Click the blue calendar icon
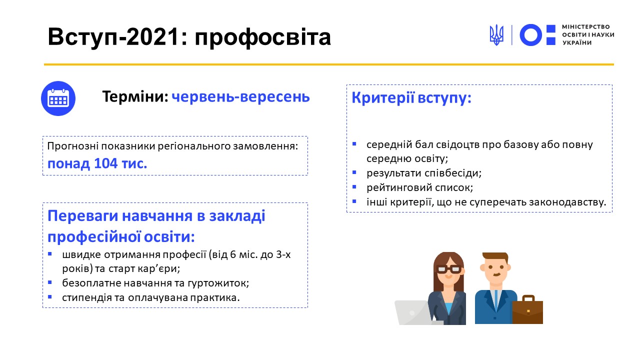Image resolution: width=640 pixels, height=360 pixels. (58, 98)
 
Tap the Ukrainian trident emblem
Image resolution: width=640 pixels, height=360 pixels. (496, 35)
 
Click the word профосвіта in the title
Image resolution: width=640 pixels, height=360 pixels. (262, 37)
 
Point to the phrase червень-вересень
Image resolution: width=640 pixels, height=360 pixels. (240, 96)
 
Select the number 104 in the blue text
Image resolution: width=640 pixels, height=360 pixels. (105, 163)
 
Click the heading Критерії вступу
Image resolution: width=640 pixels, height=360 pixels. (411, 98)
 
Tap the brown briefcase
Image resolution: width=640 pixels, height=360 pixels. (527, 309)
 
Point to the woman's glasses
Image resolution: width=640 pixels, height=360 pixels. (449, 269)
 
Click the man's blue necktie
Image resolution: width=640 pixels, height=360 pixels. (495, 300)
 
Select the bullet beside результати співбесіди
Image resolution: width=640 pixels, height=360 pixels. (354, 172)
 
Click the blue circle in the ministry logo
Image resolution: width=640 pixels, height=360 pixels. (530, 35)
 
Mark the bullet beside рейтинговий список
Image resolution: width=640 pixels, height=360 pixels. (354, 187)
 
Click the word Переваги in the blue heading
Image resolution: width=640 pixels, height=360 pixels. (82, 216)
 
